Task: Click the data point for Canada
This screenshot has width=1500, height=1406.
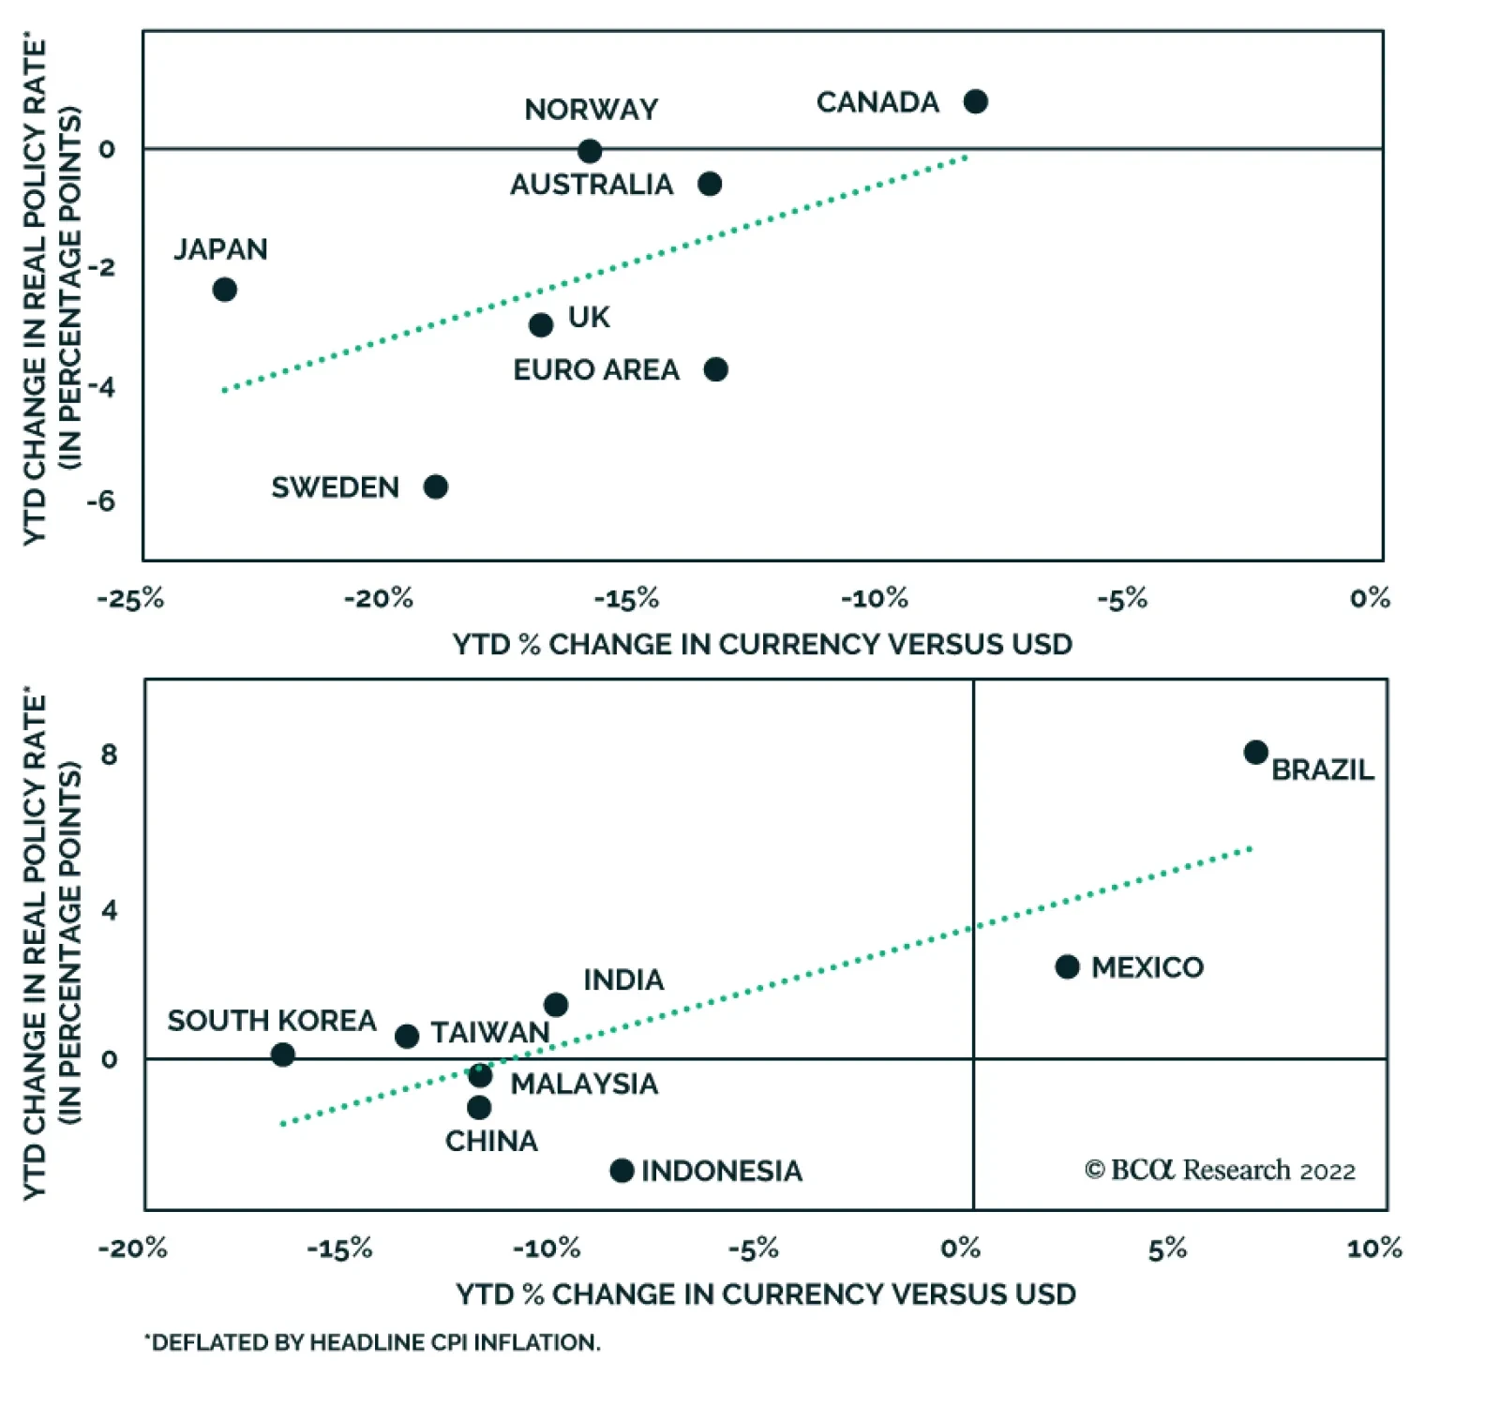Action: click(x=975, y=101)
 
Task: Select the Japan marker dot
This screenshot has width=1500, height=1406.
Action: click(x=224, y=290)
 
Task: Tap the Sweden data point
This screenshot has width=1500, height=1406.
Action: click(x=436, y=486)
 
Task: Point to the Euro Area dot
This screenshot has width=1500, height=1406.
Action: click(x=716, y=369)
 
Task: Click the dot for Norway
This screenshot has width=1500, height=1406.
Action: click(x=590, y=151)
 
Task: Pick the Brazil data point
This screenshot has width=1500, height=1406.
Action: click(x=1256, y=752)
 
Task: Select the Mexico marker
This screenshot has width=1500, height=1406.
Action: click(x=1067, y=966)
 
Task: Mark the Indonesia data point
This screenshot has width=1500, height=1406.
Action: click(x=622, y=1170)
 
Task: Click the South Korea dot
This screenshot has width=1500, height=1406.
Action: click(x=283, y=1054)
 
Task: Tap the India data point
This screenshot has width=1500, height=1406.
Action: click(x=556, y=1005)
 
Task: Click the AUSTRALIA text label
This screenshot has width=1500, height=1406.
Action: click(x=592, y=185)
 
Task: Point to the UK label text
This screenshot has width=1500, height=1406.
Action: click(x=589, y=318)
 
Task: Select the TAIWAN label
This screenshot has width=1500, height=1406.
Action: click(x=489, y=1032)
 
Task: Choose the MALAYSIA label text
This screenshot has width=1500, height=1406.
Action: click(x=584, y=1084)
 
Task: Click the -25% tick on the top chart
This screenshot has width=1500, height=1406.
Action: click(x=130, y=598)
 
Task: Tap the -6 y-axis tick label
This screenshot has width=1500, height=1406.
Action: click(x=100, y=501)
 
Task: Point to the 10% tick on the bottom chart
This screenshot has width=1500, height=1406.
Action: click(x=1374, y=1248)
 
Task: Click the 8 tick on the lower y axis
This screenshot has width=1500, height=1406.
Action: click(x=110, y=755)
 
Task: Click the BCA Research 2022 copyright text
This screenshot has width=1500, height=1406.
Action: click(x=1220, y=1170)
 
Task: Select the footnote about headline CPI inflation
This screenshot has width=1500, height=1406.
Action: click(x=372, y=1342)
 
